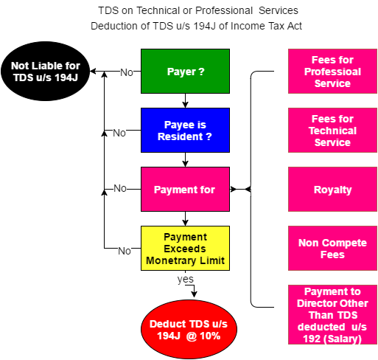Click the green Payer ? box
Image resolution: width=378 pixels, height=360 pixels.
pyautogui.click(x=185, y=72)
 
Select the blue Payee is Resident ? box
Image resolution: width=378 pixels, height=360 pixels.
pyautogui.click(x=185, y=131)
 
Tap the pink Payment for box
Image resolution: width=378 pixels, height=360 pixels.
pyautogui.click(x=185, y=190)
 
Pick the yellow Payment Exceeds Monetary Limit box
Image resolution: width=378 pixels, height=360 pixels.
pyautogui.click(x=185, y=249)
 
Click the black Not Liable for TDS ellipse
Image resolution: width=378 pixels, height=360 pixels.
pyautogui.click(x=46, y=72)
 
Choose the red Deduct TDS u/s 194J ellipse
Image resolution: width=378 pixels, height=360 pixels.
pyautogui.click(x=189, y=330)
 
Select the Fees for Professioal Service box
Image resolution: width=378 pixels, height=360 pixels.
pyautogui.click(x=332, y=72)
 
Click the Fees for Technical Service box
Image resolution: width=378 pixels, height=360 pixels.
pyautogui.click(x=332, y=131)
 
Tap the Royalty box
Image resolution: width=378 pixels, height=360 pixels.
pyautogui.click(x=332, y=190)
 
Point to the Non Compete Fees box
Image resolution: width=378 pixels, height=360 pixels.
pyautogui.click(x=332, y=249)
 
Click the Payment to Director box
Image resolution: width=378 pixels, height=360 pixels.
pyautogui.click(x=332, y=315)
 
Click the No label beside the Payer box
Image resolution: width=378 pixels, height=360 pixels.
pyautogui.click(x=127, y=72)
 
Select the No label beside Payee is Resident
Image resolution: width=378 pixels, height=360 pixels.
pyautogui.click(x=119, y=133)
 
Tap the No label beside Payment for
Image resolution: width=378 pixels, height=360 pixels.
pyautogui.click(x=120, y=188)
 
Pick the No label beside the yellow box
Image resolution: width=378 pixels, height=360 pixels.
pyautogui.click(x=125, y=251)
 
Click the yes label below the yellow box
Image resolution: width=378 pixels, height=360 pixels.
pyautogui.click(x=186, y=280)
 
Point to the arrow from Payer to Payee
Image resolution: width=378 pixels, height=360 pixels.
pyautogui.click(x=185, y=101)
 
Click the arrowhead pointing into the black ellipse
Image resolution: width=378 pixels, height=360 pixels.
pyautogui.click(x=93, y=72)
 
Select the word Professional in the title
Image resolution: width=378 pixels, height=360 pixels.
pyautogui.click(x=224, y=10)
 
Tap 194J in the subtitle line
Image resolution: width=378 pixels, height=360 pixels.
pyautogui.click(x=204, y=26)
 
